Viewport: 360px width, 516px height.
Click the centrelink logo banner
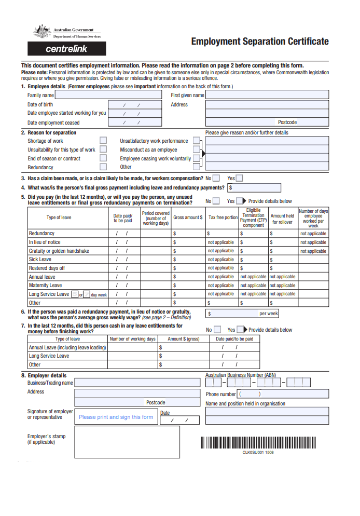[66, 49]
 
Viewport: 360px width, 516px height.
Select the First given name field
[267, 95]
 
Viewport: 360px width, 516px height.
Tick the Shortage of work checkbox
[103, 141]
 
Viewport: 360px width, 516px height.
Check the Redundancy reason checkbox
[103, 167]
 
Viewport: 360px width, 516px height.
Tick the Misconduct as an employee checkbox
[196, 150]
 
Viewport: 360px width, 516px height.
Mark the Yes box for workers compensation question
[239, 178]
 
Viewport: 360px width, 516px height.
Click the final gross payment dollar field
[254, 188]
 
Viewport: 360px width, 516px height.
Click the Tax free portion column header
[223, 218]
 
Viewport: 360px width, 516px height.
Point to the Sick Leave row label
[40, 260]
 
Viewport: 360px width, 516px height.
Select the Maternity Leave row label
[46, 286]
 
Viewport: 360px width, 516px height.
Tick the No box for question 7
[217, 330]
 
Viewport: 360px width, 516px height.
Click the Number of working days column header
[133, 339]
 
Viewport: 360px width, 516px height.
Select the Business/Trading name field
[137, 383]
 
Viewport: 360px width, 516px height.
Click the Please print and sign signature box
[116, 417]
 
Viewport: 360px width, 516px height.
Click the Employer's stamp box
[127, 442]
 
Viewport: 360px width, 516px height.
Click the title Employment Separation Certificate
[259, 42]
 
